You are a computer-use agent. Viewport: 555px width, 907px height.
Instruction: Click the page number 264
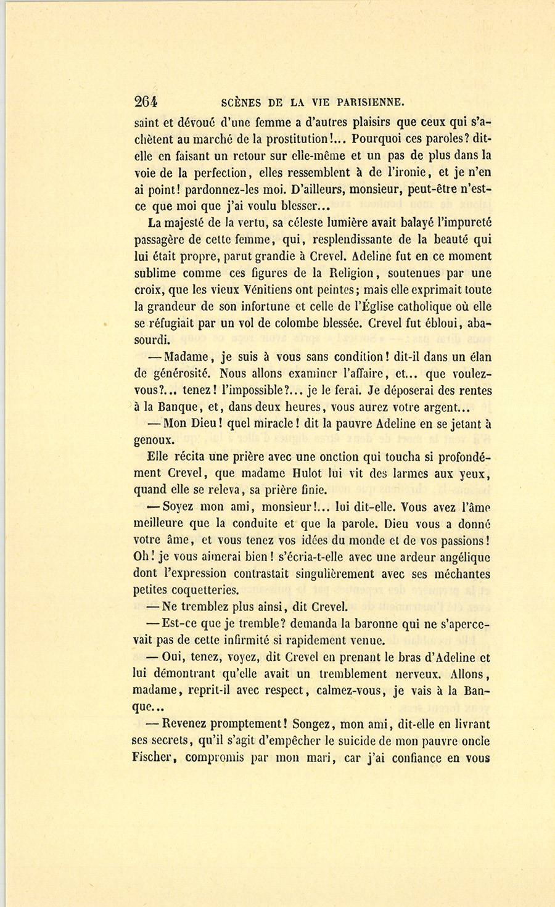146,102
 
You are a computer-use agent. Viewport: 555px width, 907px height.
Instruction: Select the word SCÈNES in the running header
240,102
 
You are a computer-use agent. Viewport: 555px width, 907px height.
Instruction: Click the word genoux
154,441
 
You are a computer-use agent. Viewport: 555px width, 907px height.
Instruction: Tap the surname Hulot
319,474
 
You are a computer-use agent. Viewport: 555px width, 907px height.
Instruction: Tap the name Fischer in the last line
152,758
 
